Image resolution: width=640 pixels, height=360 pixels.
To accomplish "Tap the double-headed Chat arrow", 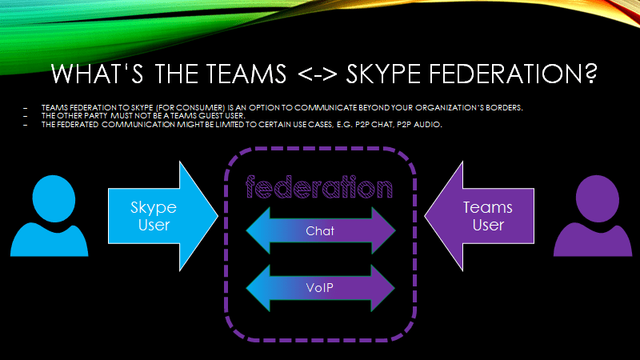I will point(321,230).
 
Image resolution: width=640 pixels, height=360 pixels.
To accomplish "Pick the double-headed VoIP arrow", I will point(321,286).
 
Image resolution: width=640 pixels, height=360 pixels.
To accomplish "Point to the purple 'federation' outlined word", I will point(320,189).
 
